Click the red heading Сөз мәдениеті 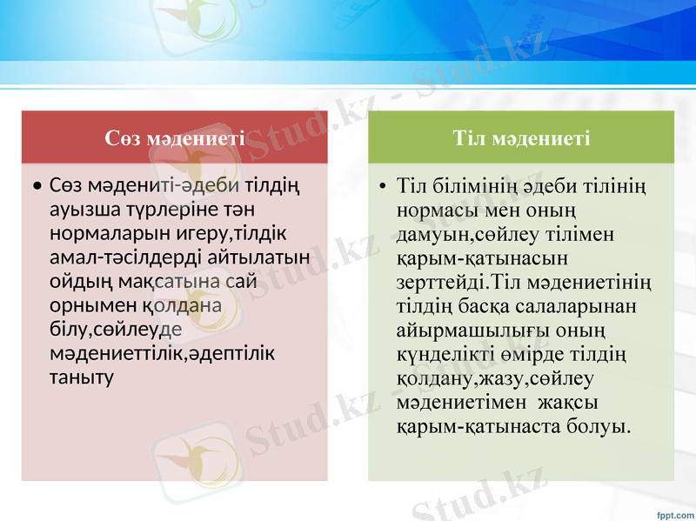(x=174, y=137)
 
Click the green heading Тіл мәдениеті (x=521, y=137)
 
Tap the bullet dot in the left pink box (x=36, y=187)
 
